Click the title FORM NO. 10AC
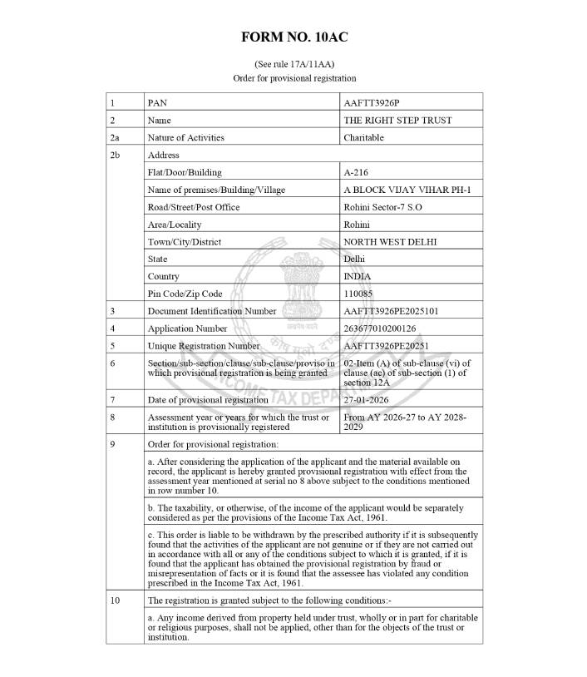[x=293, y=37]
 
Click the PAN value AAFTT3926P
[x=371, y=103]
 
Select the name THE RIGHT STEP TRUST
[x=397, y=121]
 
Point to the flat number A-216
[x=356, y=172]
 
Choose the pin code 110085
[x=358, y=294]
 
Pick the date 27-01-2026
[x=367, y=399]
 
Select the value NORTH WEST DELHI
[x=390, y=242]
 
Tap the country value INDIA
[x=358, y=276]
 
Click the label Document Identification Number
[x=211, y=311]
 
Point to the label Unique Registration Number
[x=204, y=346]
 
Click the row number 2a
[x=115, y=137]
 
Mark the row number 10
[x=115, y=600]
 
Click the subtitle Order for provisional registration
[x=293, y=78]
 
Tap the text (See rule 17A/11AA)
[x=293, y=64]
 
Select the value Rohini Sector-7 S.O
[x=383, y=207]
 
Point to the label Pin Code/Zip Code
[x=185, y=294]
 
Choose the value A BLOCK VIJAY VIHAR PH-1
[x=407, y=190]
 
